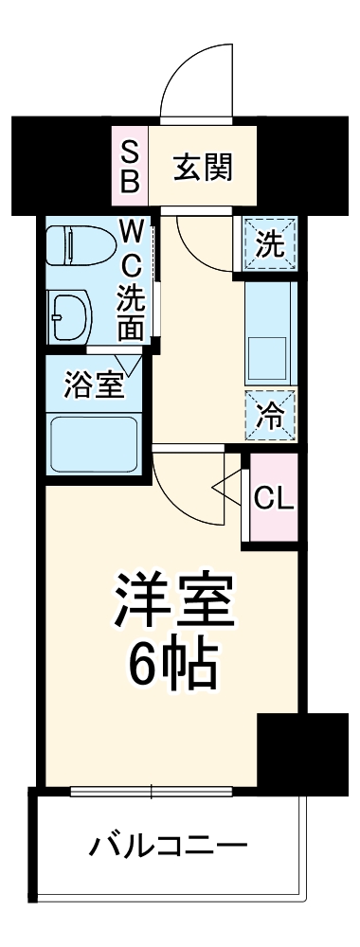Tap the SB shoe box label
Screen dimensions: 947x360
130,168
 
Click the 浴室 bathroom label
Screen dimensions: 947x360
93,385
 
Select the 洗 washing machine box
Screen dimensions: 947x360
270,246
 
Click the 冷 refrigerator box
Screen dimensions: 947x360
270,414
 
